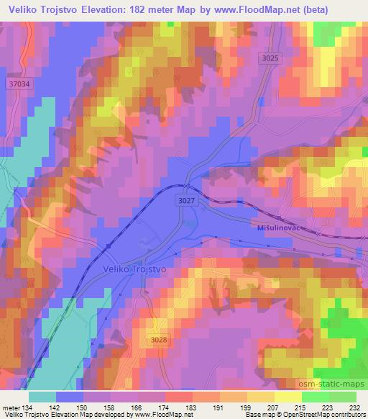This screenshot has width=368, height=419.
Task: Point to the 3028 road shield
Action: point(160,338)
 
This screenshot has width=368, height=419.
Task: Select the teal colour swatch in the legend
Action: point(42,396)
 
